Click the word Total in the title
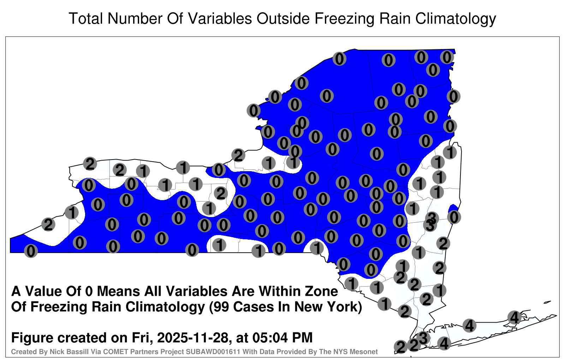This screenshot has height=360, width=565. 86,18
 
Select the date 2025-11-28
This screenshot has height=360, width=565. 192,338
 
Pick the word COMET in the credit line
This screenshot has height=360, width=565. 116,352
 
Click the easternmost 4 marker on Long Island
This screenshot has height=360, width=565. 514,317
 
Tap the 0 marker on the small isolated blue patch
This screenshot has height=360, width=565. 454,217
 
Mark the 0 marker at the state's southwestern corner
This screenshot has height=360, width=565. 31,251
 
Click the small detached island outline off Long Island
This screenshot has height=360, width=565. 547,302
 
